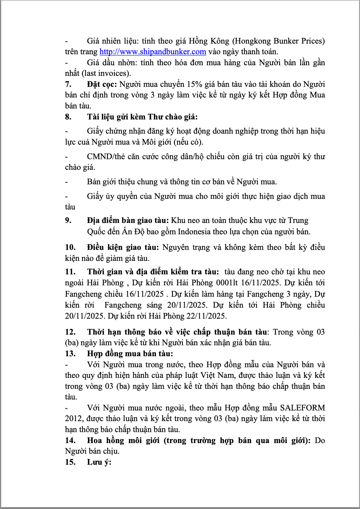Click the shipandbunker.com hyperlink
tap(153, 52)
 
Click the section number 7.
tap(68, 84)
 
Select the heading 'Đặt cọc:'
tap(102, 84)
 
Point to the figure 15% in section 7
tap(194, 84)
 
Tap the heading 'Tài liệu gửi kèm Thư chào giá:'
tap(142, 117)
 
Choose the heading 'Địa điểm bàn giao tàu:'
tap(128, 220)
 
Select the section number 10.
tap(70, 247)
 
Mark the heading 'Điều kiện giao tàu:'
tap(123, 247)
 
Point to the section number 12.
tap(70, 332)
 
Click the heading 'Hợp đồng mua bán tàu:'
tap(130, 354)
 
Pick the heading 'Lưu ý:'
tap(99, 462)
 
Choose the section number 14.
tap(70, 441)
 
